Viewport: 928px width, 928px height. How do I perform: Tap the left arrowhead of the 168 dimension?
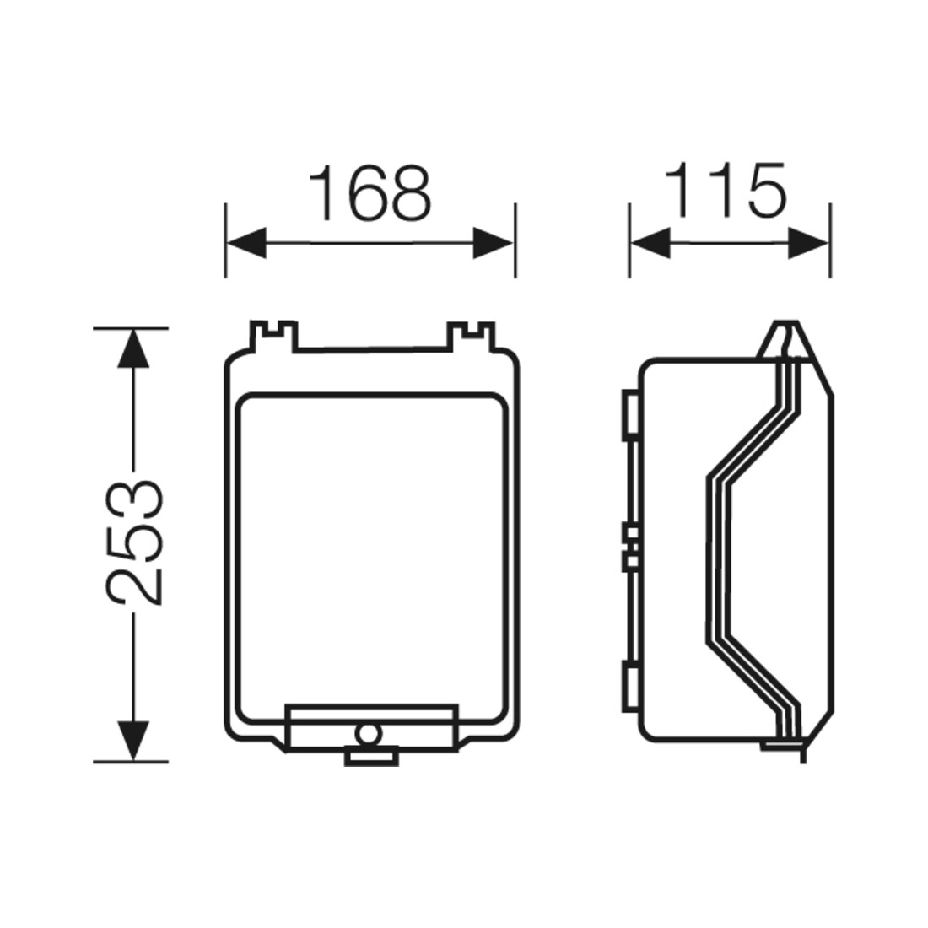pos(246,243)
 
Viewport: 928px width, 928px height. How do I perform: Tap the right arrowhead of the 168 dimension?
pos(494,243)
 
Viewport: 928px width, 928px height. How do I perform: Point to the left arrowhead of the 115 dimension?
pos(650,243)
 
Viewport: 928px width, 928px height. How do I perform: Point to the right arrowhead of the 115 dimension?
pos(808,243)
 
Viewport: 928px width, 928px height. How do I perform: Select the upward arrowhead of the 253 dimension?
pos(132,348)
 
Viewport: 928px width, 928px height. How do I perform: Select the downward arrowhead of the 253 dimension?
pos(132,741)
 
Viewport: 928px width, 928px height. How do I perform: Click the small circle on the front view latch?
pos(368,734)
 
